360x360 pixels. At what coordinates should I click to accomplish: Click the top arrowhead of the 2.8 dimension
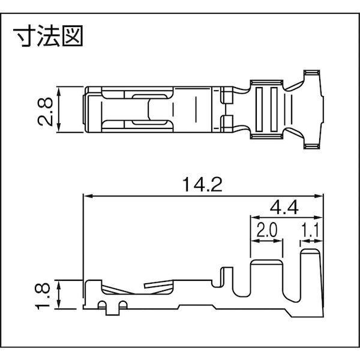point(60,90)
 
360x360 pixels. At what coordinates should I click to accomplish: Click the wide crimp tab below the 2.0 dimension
point(266,279)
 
